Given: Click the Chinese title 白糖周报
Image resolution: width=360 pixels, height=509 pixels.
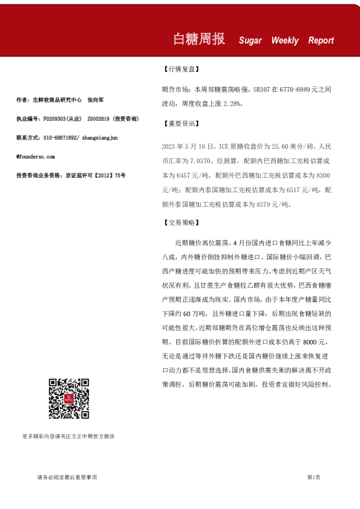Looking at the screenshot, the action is [x=199, y=39].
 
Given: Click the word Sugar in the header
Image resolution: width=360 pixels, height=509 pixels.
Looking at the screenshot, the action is [x=250, y=41].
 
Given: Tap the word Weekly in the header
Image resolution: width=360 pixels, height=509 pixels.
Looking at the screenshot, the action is [x=284, y=41].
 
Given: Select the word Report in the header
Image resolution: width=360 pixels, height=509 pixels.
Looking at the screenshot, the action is [x=321, y=41].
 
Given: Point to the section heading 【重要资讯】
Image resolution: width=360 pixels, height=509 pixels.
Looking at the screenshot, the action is [x=181, y=124].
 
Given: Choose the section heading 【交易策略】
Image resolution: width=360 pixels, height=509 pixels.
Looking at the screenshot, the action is [x=181, y=223].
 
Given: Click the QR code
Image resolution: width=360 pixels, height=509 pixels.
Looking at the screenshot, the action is [x=68, y=398].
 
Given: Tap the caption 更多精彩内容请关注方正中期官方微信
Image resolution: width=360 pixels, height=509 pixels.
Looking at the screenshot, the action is [x=68, y=436].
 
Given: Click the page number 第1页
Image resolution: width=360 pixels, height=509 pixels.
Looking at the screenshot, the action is [x=313, y=478].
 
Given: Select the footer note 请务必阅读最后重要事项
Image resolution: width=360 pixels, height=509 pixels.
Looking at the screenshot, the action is [x=67, y=478].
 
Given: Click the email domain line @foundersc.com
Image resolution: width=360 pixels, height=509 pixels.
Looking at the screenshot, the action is [x=40, y=156].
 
